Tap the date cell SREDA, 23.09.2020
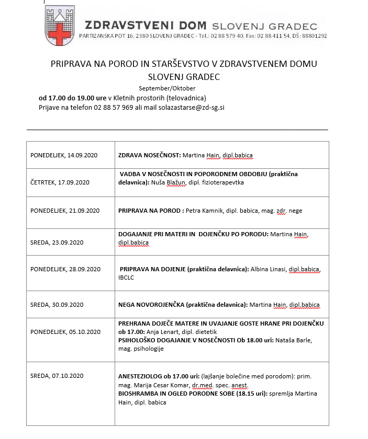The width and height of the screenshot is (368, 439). click(57, 242)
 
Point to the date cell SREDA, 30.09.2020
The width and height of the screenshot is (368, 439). click(57, 305)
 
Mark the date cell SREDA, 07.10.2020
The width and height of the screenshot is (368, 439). click(57, 376)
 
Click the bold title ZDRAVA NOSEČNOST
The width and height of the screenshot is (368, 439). click(150, 156)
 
